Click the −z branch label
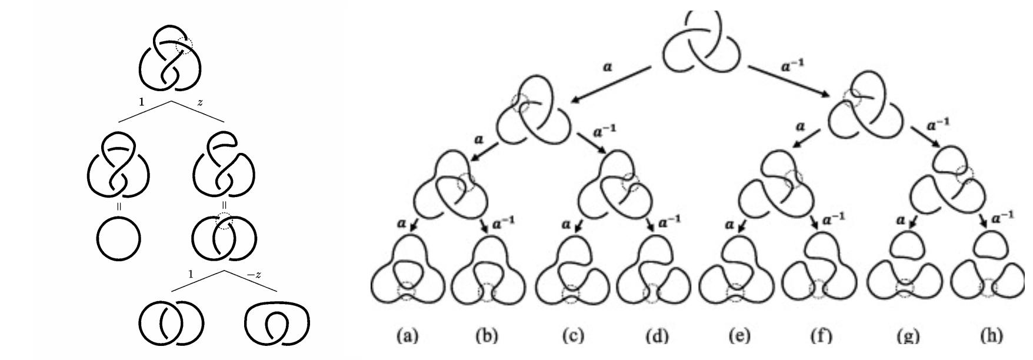[254, 274]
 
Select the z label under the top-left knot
[201, 102]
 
